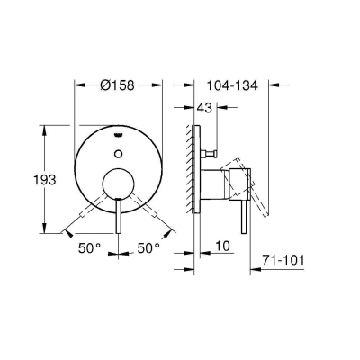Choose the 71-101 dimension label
[277, 260]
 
